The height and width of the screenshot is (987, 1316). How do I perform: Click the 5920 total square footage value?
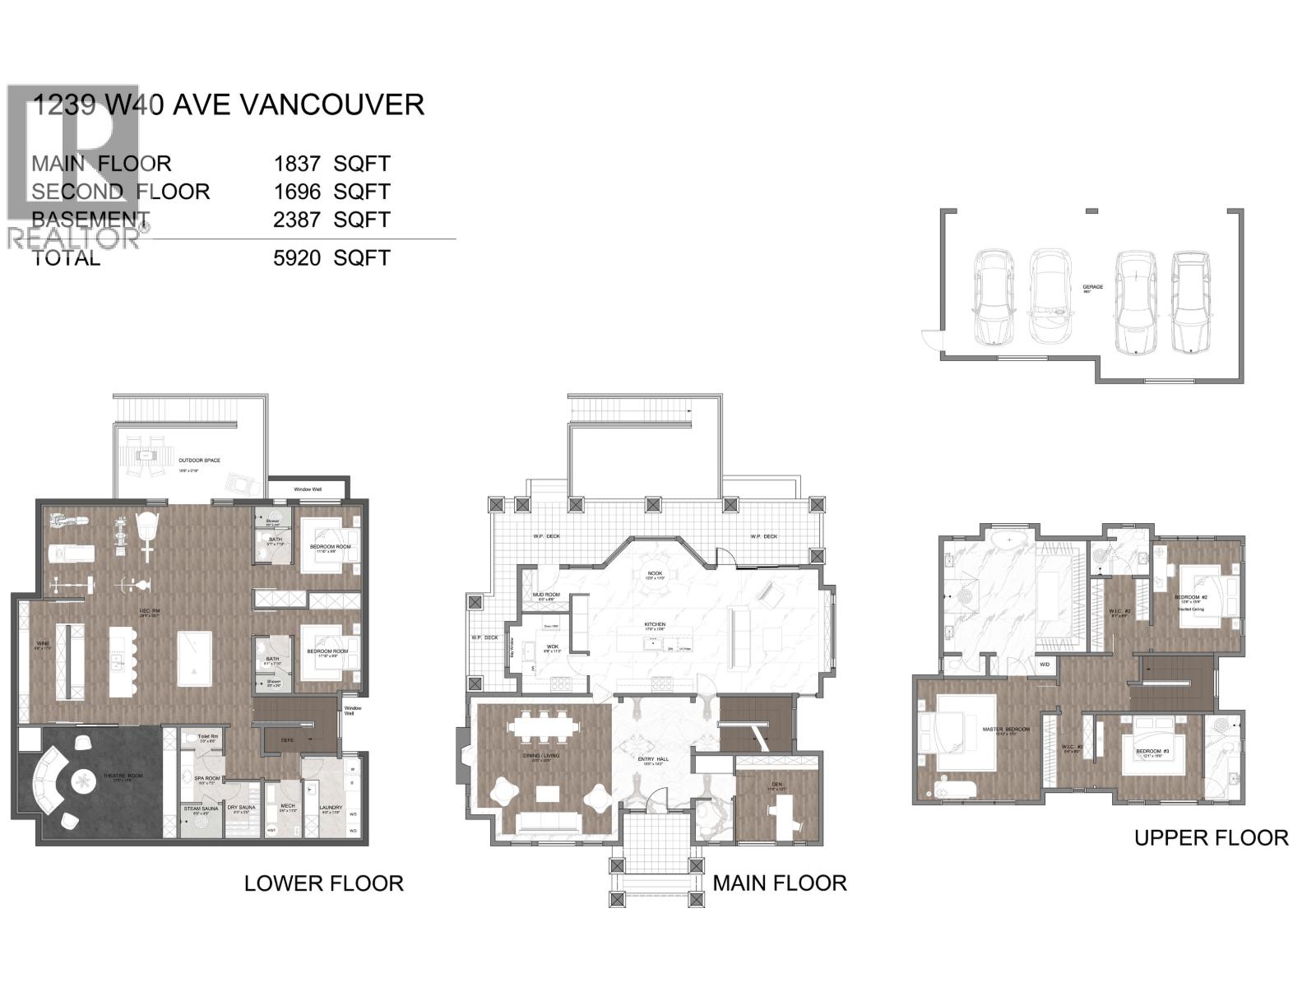pos(297,258)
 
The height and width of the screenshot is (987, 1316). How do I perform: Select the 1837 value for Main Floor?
pos(297,164)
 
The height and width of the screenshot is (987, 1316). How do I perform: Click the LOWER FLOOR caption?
pos(323,883)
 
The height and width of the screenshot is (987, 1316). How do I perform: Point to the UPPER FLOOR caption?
pos(1211,838)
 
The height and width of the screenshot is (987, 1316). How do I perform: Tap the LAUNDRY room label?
pos(331,807)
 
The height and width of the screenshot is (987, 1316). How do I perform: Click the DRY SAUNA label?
pos(242,807)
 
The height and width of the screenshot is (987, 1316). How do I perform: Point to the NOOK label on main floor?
pos(655,573)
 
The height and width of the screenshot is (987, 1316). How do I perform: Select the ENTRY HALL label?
pos(652,760)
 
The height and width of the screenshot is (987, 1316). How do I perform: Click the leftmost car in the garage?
pos(994,297)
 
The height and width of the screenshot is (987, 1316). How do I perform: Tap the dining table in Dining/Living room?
pos(544,727)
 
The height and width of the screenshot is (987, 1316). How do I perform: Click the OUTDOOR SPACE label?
pos(199,461)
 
